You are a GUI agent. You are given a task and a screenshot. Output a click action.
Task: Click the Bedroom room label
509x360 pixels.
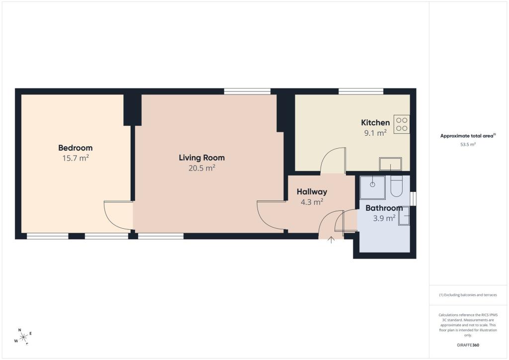76,148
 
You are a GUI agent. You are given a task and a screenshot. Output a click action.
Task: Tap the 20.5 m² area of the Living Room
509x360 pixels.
202,168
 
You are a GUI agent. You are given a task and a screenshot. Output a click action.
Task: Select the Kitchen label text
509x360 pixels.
375,122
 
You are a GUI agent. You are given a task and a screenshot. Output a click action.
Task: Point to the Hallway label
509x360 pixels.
312,191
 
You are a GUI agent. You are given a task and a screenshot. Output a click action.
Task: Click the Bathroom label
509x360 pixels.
384,208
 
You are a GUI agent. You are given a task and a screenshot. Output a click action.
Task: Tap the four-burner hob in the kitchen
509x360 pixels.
402,124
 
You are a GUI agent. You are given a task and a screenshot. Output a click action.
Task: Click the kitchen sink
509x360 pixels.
391,164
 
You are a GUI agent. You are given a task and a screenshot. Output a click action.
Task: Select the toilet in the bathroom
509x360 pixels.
396,186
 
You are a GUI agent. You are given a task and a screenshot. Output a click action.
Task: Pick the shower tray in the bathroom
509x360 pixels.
373,187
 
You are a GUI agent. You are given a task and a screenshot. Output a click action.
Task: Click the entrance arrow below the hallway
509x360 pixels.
331,240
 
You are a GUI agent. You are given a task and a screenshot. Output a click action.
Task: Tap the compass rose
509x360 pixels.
23,337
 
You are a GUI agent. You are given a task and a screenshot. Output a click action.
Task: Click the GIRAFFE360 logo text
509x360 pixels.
468,345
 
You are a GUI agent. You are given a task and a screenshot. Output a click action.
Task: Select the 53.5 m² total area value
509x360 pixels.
468,145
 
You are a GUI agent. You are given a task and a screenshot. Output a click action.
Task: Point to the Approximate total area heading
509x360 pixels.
468,136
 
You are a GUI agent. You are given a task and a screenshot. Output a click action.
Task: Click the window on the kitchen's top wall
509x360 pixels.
361,91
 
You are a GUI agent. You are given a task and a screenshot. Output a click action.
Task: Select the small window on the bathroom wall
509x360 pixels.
413,199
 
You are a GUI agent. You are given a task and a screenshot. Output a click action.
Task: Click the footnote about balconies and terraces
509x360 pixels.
468,295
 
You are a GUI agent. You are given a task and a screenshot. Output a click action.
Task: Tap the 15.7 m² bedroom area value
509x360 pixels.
76,158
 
